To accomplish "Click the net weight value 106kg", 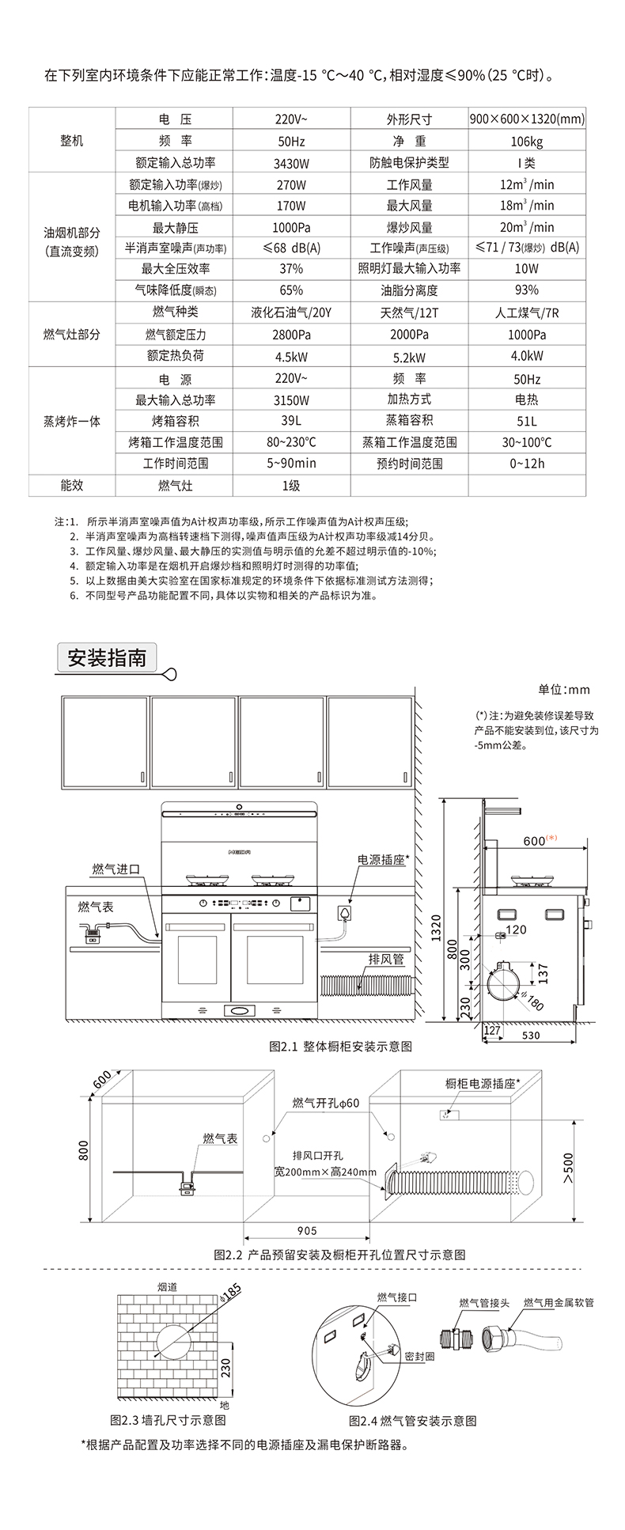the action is click(x=526, y=142).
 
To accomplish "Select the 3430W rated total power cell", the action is click(x=291, y=163).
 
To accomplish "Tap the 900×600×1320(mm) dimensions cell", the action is click(x=526, y=119).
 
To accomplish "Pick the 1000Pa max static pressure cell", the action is click(x=291, y=228).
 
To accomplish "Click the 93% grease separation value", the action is click(x=526, y=290).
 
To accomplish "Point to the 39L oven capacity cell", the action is click(x=291, y=421).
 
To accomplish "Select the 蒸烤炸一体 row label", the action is click(x=72, y=421).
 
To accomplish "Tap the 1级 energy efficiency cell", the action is click(x=291, y=485).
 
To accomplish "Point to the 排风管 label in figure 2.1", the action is click(x=386, y=959).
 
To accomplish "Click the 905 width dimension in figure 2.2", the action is click(x=307, y=1230).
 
